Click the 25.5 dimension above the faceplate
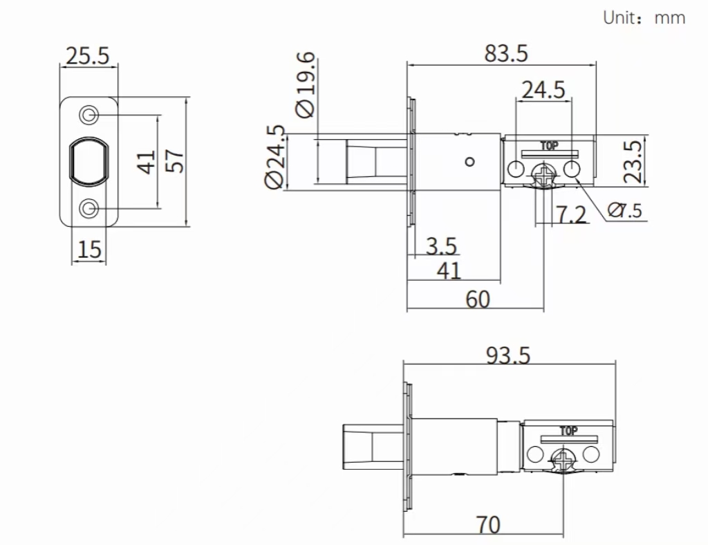87,55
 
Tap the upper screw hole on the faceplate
89,114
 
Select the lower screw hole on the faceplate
89,208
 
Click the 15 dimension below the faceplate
89,249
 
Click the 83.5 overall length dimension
505,53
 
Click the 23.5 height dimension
633,160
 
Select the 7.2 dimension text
571,215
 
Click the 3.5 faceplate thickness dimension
441,246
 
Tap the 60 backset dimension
477,299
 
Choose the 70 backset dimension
488,525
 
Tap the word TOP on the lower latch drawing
568,430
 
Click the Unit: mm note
644,18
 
